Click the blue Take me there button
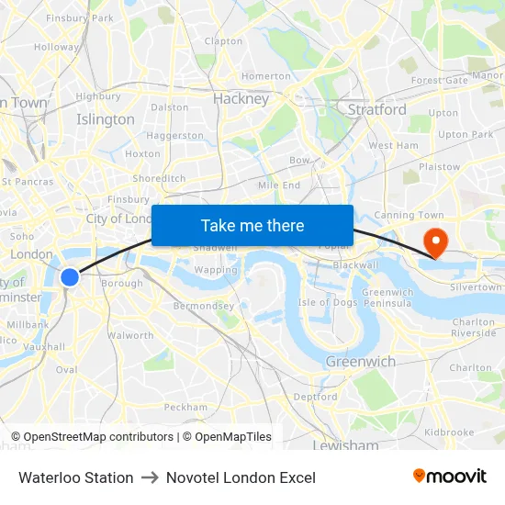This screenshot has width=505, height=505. pyautogui.click(x=252, y=226)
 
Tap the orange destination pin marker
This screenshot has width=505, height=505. pyautogui.click(x=433, y=241)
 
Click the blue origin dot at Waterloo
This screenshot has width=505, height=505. pyautogui.click(x=70, y=276)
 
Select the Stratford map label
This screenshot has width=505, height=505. pyautogui.click(x=376, y=109)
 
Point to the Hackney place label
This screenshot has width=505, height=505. pyautogui.click(x=241, y=99)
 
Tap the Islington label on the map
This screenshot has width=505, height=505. pyautogui.click(x=106, y=119)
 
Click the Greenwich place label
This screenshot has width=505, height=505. pyautogui.click(x=361, y=362)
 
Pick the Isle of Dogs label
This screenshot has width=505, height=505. pyautogui.click(x=328, y=302)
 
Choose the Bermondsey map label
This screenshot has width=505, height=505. pyautogui.click(x=204, y=306)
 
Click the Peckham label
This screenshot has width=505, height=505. pyautogui.click(x=185, y=407)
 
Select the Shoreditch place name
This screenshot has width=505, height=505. pyautogui.click(x=159, y=178)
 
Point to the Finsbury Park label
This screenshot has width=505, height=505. pyautogui.click(x=80, y=17)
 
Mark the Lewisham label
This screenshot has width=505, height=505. pyautogui.click(x=345, y=446)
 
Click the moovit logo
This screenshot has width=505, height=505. pyautogui.click(x=450, y=477)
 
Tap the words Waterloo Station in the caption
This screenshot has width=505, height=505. pyautogui.click(x=75, y=477)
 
